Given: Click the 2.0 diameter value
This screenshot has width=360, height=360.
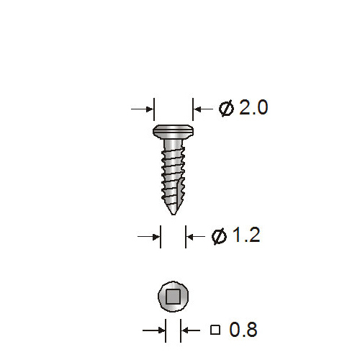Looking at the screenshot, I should (253, 108).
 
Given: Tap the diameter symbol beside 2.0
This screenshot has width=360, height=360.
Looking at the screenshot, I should (226, 109).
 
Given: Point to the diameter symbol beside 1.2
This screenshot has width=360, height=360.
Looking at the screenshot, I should (219, 236).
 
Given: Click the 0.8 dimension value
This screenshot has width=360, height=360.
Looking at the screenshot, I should (243, 330).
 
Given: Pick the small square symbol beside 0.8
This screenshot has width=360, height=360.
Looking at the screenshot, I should (215, 330).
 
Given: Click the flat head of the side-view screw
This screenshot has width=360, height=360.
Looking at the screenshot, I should (173, 132).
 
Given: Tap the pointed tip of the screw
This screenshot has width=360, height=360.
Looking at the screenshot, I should (173, 212).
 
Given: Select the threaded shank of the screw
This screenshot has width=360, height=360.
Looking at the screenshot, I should (173, 173).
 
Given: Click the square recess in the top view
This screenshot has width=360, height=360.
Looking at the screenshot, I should (173, 296).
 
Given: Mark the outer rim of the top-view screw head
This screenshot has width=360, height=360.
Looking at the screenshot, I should (161, 296).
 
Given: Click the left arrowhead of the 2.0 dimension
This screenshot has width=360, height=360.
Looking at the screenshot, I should (150, 109).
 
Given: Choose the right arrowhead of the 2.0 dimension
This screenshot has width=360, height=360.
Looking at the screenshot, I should (197, 109).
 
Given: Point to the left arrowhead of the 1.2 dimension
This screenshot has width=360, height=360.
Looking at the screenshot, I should (156, 235).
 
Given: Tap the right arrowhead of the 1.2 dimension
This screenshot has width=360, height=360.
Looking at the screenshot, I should (190, 235).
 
